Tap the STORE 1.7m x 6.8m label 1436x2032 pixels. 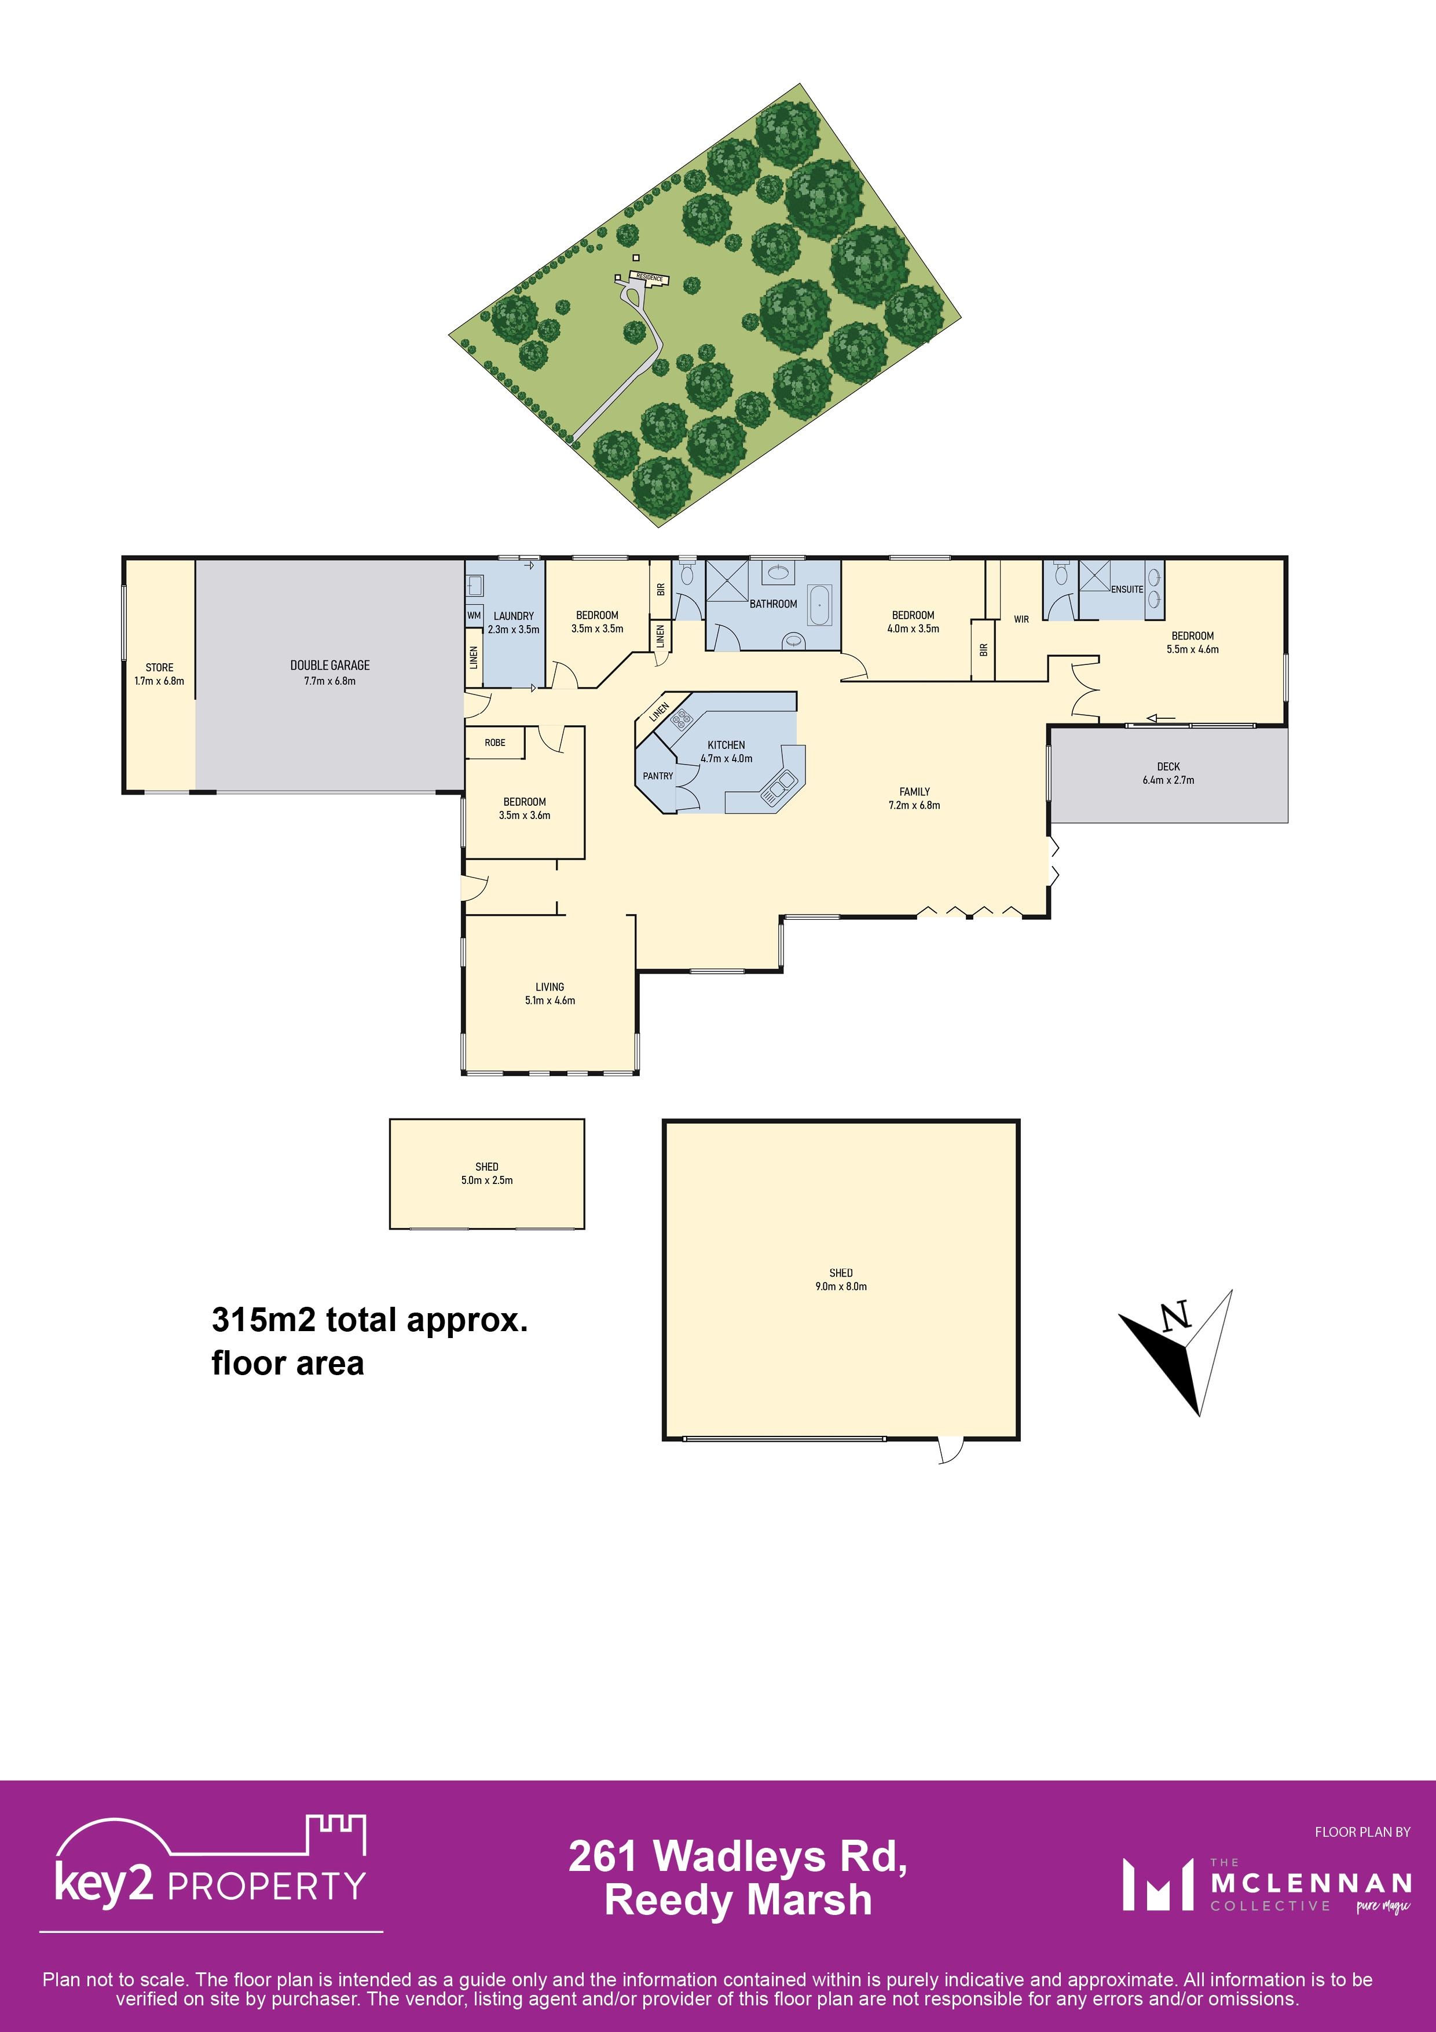[x=159, y=674]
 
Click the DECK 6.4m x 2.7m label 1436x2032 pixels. [x=1168, y=773]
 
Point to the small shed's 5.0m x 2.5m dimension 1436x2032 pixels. [x=486, y=1180]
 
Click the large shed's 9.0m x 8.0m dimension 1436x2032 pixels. [x=841, y=1286]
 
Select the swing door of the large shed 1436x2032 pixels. [x=950, y=1449]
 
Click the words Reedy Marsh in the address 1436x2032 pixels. [x=737, y=1899]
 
